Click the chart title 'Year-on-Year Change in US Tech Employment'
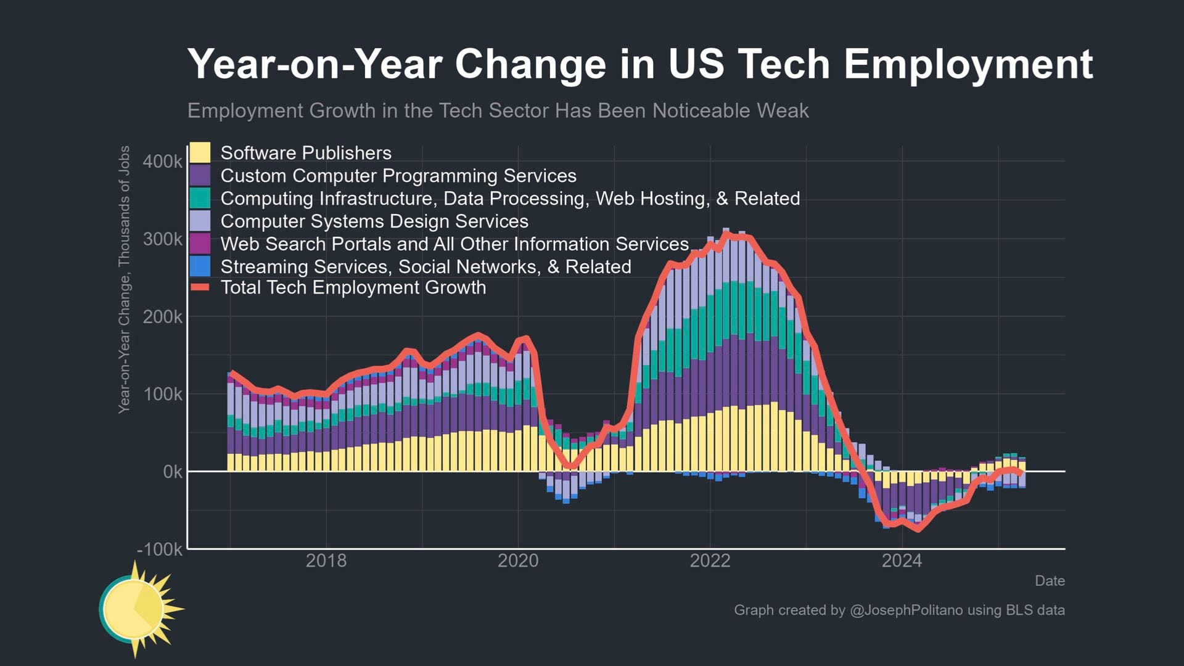click(x=639, y=64)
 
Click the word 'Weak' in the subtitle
click(x=783, y=111)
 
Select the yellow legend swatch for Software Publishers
click(x=200, y=152)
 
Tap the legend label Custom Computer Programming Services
click(x=398, y=176)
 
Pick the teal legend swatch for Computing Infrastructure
click(x=200, y=198)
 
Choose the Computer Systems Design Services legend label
click(x=374, y=221)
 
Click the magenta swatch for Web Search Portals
click(x=200, y=244)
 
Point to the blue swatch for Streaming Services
click(x=200, y=266)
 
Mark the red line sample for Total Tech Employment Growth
click(x=200, y=287)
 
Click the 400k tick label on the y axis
click(x=162, y=162)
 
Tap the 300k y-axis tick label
click(x=162, y=239)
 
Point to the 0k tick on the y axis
click(x=172, y=472)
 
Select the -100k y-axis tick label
click(x=160, y=549)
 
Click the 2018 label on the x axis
click(x=326, y=561)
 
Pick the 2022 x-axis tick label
click(x=710, y=561)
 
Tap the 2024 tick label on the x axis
click(x=902, y=561)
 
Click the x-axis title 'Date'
click(x=1050, y=581)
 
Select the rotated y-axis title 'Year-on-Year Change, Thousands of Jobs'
click(x=125, y=279)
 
